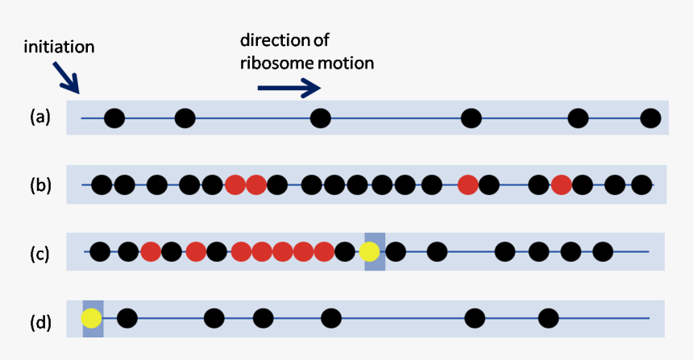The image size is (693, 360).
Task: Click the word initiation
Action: point(59,47)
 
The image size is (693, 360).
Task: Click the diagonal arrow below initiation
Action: point(68,78)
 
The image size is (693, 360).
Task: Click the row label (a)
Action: point(40,118)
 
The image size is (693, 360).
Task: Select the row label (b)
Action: point(40,185)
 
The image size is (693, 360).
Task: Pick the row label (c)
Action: point(40,254)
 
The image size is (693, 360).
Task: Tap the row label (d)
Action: point(40,323)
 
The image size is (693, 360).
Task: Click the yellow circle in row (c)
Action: point(370,252)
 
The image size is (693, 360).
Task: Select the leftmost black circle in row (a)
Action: point(114,119)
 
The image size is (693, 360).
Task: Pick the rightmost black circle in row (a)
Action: point(650,119)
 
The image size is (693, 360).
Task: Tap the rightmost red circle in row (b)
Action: point(562,185)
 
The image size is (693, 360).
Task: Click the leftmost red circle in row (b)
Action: point(235,185)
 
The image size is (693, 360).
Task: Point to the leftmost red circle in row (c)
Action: point(151,252)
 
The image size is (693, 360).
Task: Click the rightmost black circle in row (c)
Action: point(602,252)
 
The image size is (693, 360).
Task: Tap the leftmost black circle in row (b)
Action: point(102,185)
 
